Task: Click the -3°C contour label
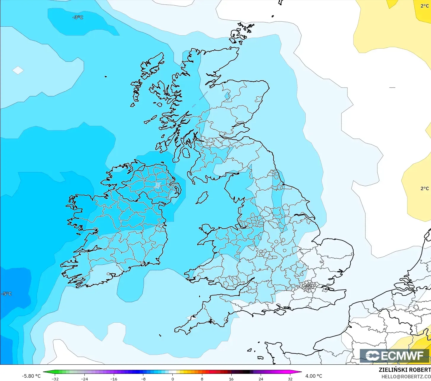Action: click(78, 17)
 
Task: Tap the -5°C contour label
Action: click(7, 294)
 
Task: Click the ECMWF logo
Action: click(394, 356)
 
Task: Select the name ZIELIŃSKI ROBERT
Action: click(404, 370)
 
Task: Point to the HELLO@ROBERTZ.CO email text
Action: click(406, 377)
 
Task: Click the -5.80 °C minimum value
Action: click(31, 376)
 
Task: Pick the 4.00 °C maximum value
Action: click(314, 376)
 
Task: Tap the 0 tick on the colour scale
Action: click(172, 379)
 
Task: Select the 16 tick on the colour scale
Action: click(231, 379)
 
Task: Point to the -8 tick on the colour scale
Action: click(143, 379)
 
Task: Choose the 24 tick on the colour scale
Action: click(261, 379)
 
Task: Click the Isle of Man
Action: click(202, 197)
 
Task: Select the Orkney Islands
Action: click(241, 33)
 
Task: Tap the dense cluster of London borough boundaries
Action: click(308, 286)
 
